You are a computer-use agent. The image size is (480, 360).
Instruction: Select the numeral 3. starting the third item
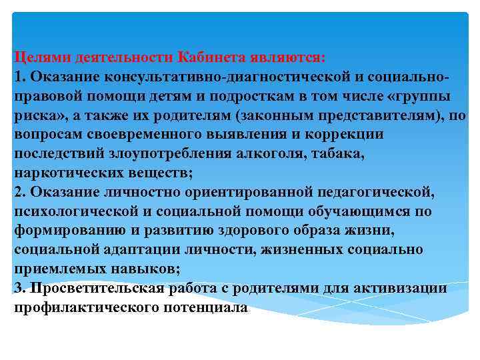point(20,289)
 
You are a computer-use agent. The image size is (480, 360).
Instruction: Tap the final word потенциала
point(206,308)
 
